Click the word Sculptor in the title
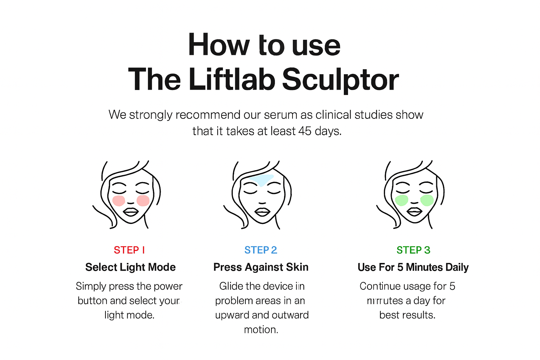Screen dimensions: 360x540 [340, 80]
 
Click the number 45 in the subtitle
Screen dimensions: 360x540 [304, 131]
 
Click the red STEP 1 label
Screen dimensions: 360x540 [129, 250]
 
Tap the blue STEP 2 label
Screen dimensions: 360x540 [261, 250]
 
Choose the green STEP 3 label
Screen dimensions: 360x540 [413, 250]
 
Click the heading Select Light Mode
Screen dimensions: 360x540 [130, 267]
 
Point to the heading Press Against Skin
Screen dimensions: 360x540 [261, 267]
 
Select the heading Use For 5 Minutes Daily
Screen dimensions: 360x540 [413, 267]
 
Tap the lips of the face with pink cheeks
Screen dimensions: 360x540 [131, 212]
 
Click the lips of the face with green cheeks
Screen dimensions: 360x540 [414, 212]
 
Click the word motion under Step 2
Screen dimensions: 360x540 [261, 330]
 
